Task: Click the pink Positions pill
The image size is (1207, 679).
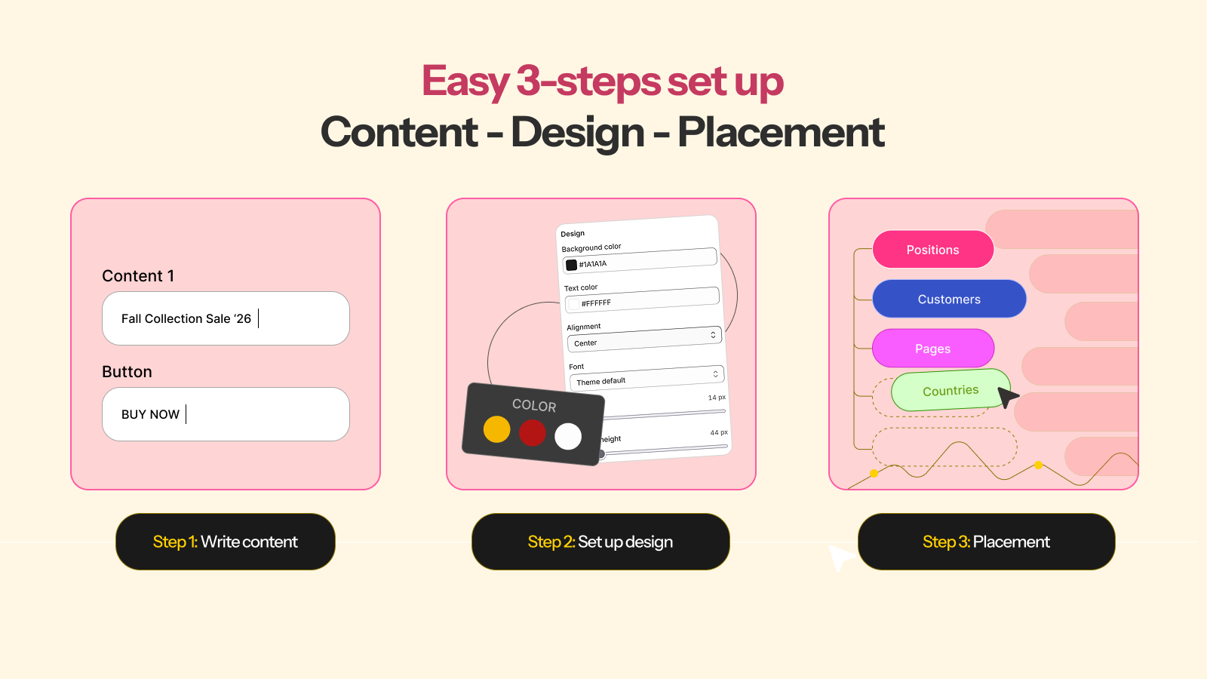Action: [932, 250]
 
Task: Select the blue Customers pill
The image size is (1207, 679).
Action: [949, 299]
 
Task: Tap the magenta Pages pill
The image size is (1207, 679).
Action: [932, 348]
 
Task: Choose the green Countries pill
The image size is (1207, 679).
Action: [951, 390]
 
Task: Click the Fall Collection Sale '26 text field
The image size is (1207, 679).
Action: [226, 318]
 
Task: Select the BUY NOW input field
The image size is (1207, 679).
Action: [226, 414]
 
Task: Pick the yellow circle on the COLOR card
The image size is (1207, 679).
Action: [497, 429]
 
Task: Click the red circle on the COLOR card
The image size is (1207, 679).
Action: [533, 433]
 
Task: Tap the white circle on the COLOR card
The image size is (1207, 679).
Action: [568, 437]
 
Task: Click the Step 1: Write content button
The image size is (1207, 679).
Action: [226, 542]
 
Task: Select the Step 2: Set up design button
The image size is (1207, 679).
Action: [600, 542]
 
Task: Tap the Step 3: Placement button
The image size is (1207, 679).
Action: [987, 542]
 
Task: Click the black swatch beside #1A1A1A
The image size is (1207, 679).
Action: [571, 265]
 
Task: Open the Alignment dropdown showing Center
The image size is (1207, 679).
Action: [644, 339]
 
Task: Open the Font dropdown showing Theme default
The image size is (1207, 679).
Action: [646, 378]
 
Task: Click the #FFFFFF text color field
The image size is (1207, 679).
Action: [642, 300]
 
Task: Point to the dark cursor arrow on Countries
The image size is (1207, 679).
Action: [1007, 397]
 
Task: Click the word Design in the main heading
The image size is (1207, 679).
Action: [578, 133]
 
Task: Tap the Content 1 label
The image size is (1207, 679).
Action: [138, 276]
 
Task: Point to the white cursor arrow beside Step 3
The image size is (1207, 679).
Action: [840, 557]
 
